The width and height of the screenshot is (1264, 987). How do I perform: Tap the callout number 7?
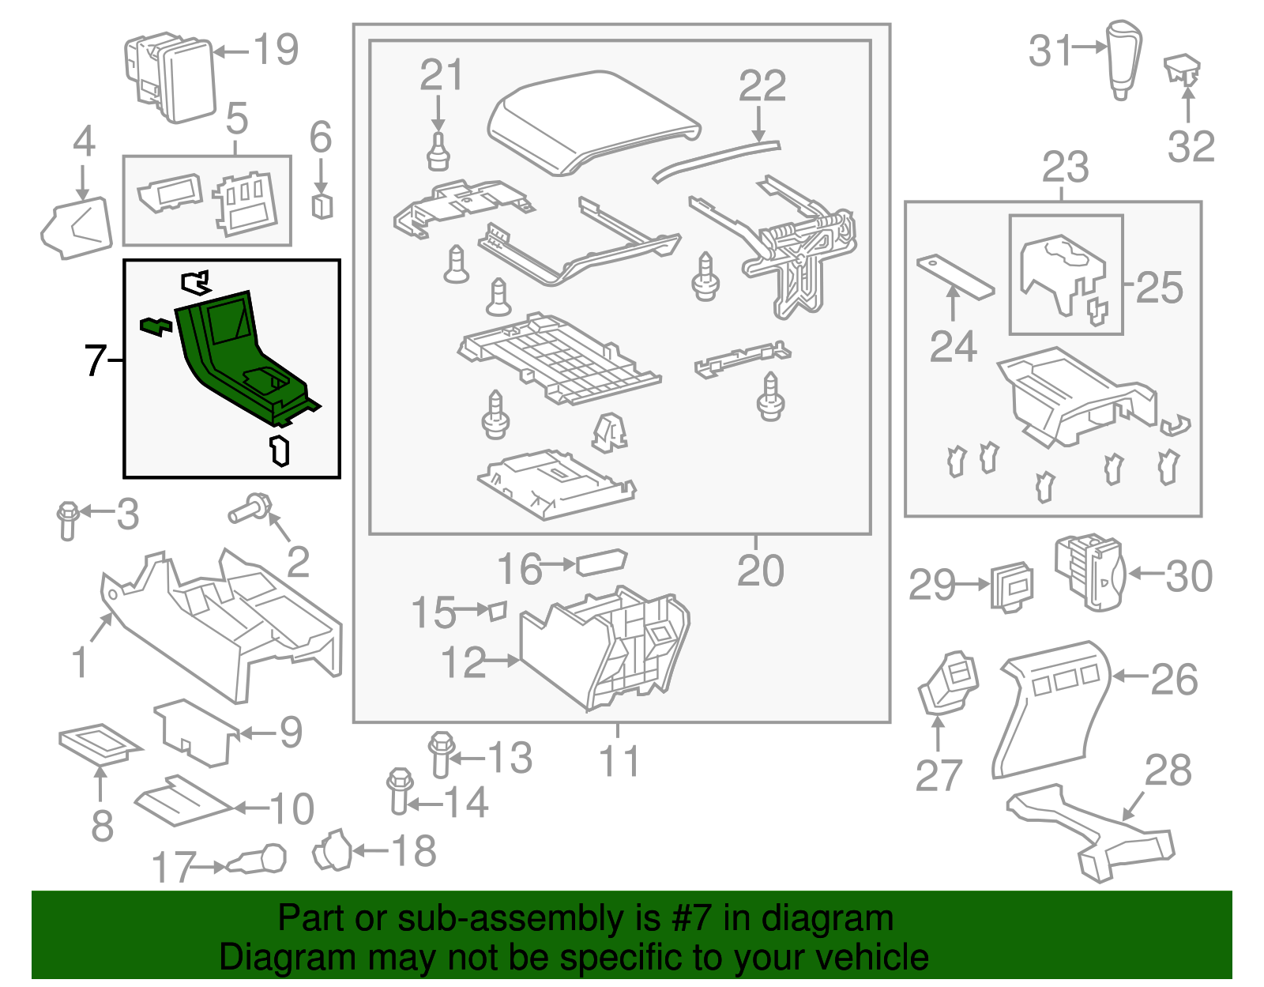click(x=95, y=360)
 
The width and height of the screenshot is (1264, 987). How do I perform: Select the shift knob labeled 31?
click(x=1123, y=59)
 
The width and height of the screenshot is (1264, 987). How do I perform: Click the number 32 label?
click(x=1191, y=147)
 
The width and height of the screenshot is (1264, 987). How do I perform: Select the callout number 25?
click(x=1159, y=287)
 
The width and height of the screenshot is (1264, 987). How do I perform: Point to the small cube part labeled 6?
click(x=322, y=205)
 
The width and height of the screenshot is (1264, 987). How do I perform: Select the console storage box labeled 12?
click(x=604, y=648)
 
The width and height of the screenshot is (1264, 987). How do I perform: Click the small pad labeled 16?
click(x=601, y=562)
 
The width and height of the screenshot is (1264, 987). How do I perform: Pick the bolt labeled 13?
click(x=441, y=755)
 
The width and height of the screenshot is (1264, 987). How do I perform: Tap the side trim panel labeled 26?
click(x=1051, y=707)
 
